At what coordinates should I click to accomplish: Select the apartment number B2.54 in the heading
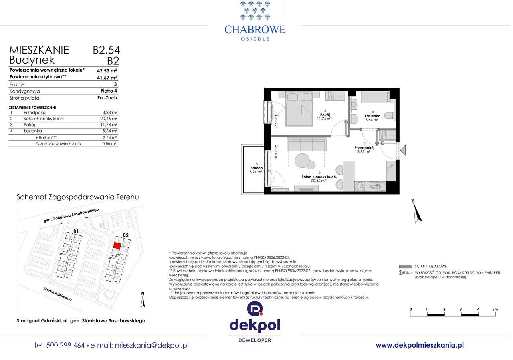click(x=106, y=50)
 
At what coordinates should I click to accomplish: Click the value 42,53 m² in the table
click(x=107, y=70)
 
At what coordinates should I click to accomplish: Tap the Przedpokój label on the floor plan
click(x=364, y=147)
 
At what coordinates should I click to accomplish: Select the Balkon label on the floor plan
click(x=256, y=168)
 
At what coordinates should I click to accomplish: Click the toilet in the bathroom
click(x=390, y=116)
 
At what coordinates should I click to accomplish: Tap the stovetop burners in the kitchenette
click(x=360, y=186)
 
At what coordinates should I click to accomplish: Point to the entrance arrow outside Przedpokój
click(x=403, y=150)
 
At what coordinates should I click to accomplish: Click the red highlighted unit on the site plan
click(x=117, y=246)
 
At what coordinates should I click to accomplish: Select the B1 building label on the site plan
click(x=76, y=231)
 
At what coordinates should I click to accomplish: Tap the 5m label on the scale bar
click(x=495, y=309)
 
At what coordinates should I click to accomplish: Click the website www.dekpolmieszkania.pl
click(x=420, y=345)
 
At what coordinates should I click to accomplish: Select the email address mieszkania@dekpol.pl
click(x=151, y=345)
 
